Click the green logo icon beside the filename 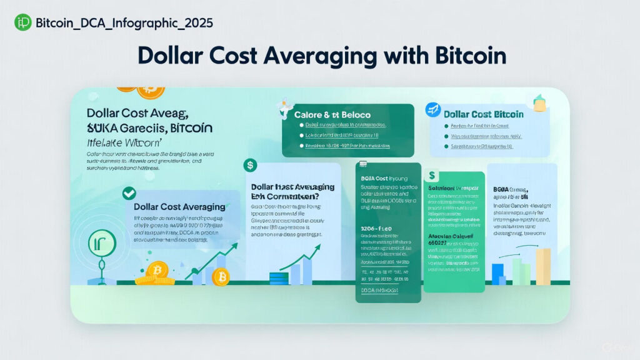coord(23,23)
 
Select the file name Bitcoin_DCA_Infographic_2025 coord(124,23)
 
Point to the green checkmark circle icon coord(129,193)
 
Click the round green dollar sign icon coord(250,166)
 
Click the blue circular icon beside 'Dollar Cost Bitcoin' coord(432,111)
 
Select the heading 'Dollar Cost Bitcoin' coord(483,114)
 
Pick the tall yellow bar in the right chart coord(542,266)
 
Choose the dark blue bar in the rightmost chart coord(497,274)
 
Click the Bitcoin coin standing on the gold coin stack coord(158,270)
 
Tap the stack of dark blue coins coord(278,278)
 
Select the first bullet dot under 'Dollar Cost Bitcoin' coord(446,126)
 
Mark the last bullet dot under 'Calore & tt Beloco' coord(301,146)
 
